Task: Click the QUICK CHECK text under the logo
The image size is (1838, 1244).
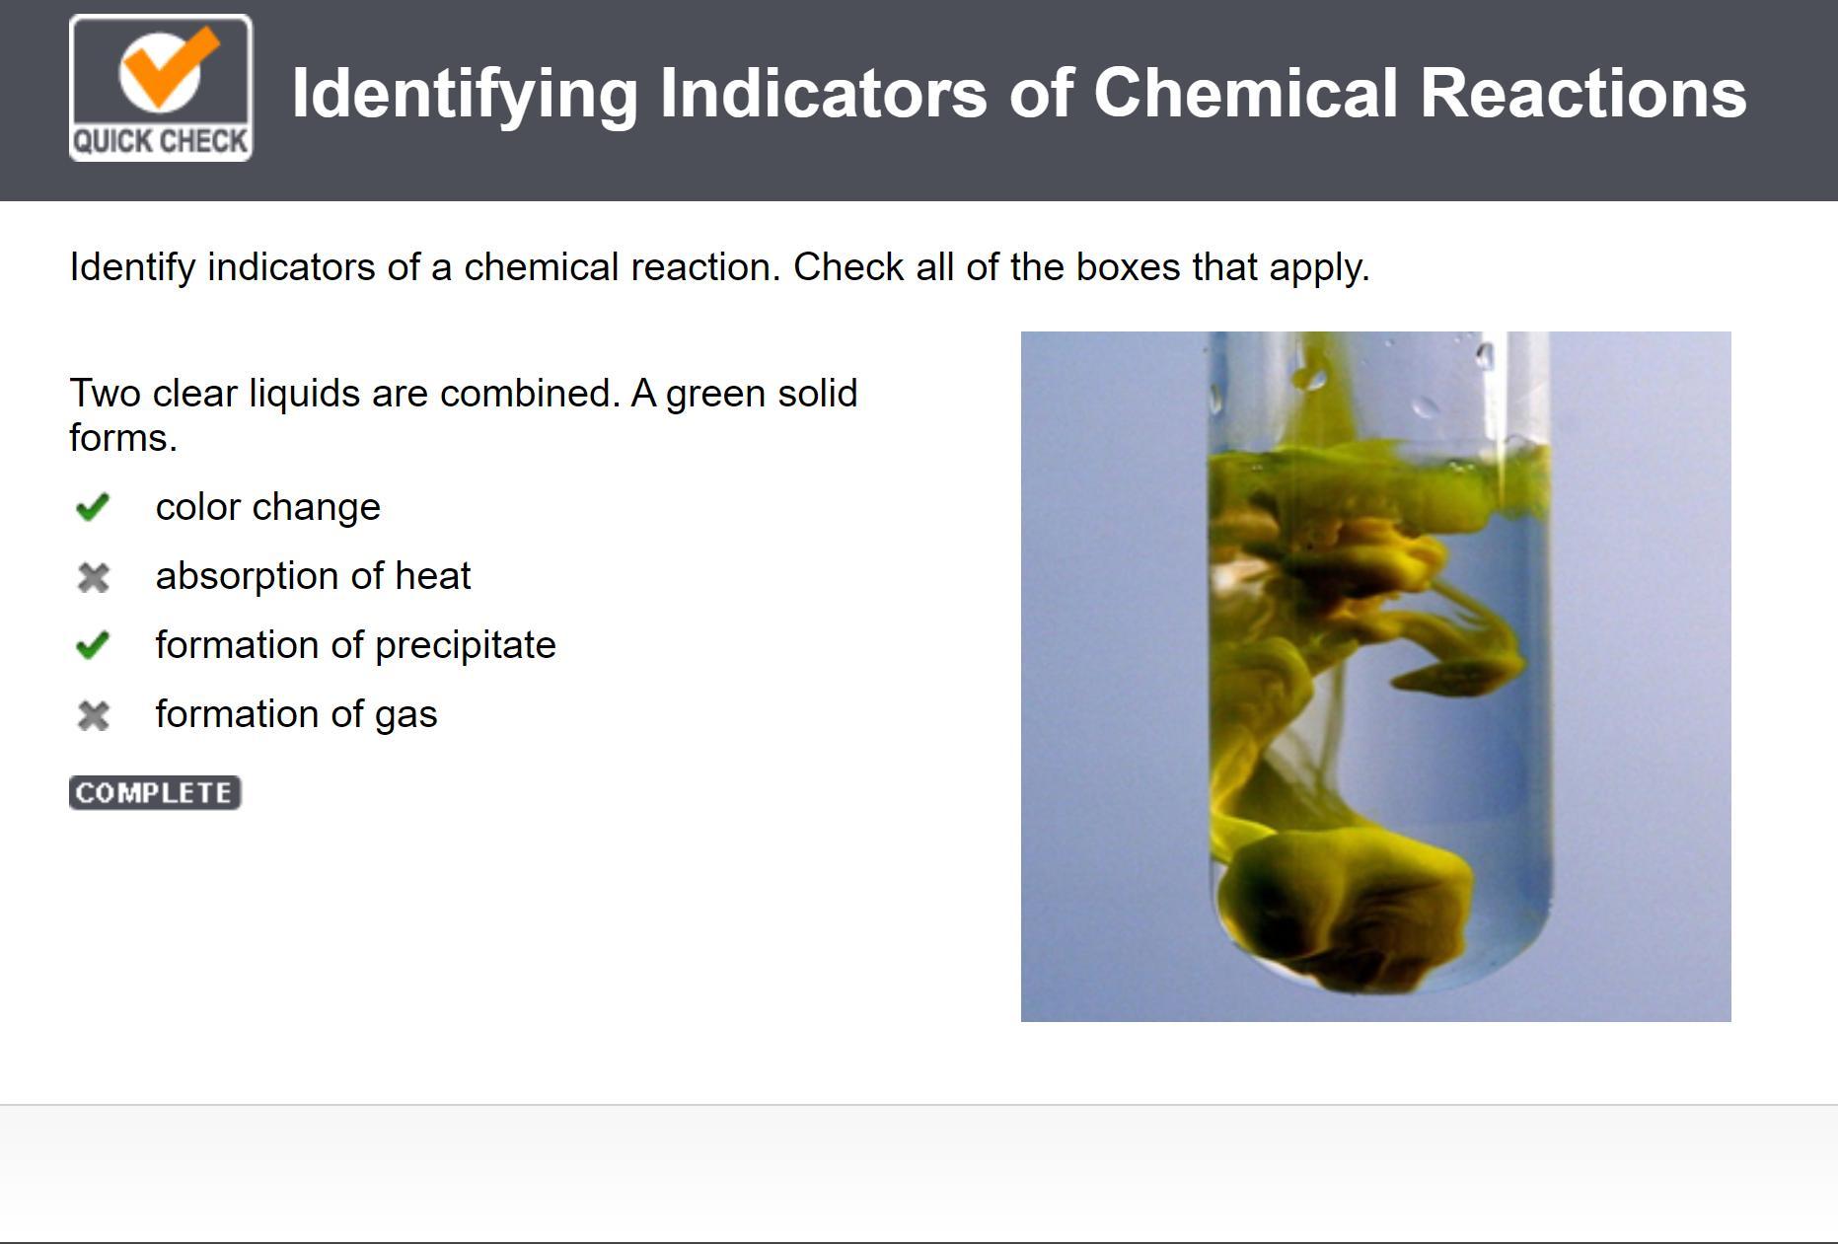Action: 161,141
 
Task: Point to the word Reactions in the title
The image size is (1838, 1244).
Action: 1583,93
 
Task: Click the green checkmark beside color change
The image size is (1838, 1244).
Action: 92,507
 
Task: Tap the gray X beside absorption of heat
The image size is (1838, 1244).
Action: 93,577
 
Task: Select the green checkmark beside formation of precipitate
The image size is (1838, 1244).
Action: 92,645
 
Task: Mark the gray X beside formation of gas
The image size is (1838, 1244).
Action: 93,715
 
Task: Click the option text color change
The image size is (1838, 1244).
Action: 268,507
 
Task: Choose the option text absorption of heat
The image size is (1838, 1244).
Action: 314,576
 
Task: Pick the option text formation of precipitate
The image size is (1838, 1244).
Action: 356,645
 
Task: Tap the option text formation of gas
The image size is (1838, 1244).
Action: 297,714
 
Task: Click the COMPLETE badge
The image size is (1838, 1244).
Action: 155,793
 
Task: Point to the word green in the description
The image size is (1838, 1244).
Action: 715,395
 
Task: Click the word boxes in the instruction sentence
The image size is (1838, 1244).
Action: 1127,267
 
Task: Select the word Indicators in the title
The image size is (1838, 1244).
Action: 824,93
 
